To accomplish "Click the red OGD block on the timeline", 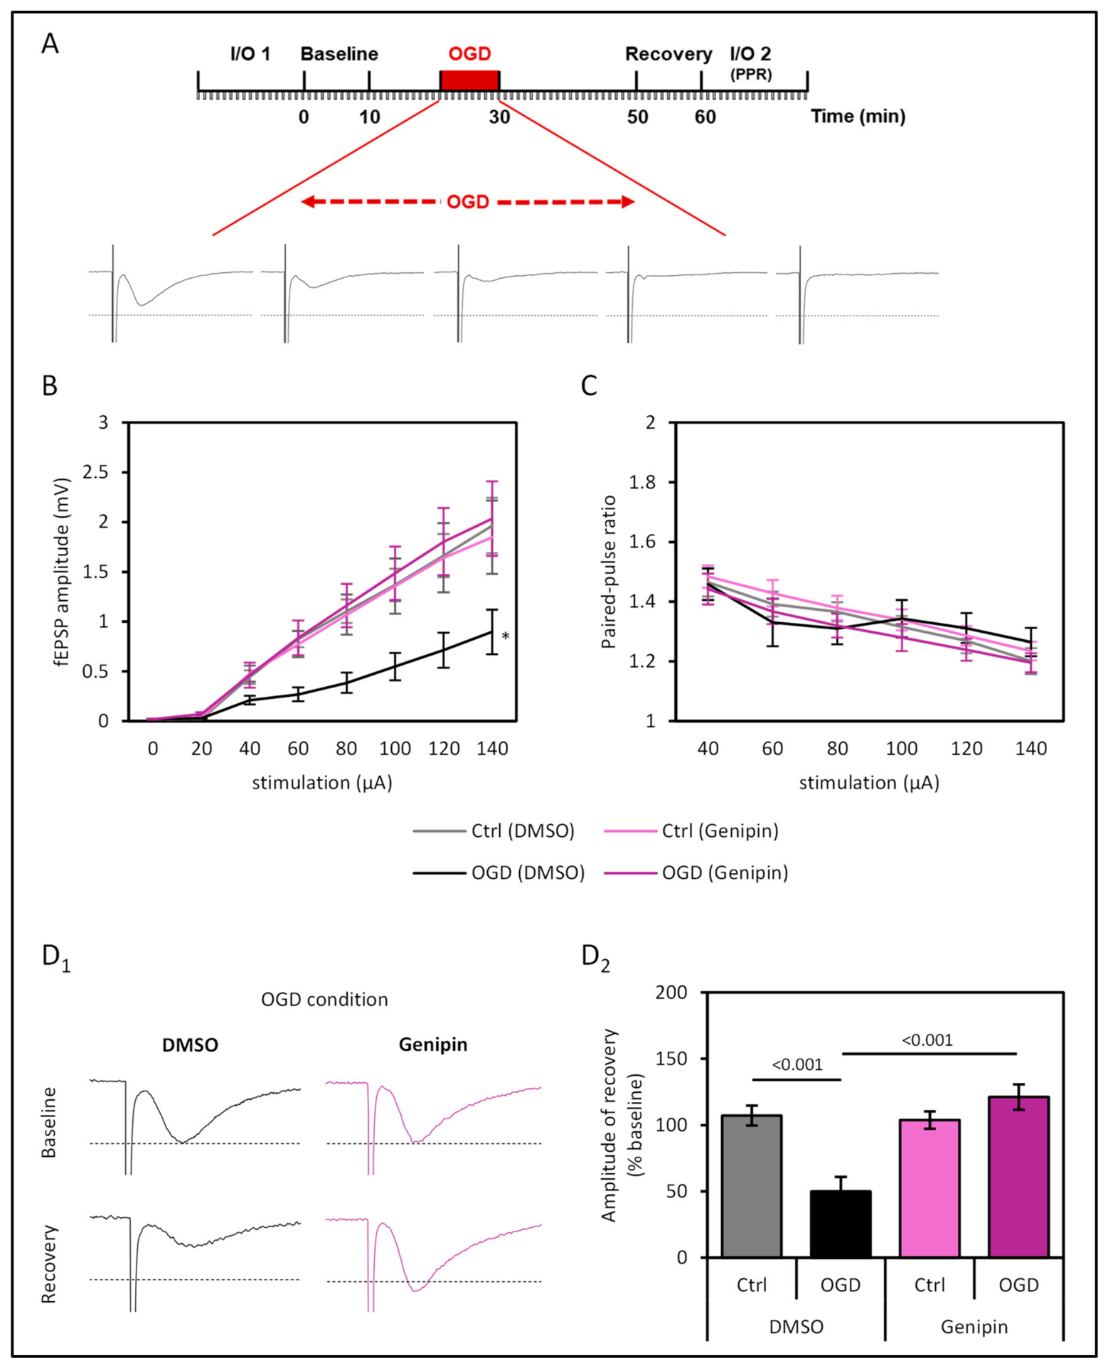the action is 469,80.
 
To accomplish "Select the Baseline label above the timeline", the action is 339,54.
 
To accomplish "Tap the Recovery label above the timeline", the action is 668,55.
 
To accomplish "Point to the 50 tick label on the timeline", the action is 637,117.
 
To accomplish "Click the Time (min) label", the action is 858,117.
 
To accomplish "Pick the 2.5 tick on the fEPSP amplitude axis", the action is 96,473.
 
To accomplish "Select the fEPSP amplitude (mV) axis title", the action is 63,572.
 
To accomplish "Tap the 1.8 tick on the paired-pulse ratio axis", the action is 642,483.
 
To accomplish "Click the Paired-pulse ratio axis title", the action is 608,572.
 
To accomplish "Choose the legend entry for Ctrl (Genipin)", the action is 691,830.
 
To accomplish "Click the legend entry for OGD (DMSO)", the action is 499,872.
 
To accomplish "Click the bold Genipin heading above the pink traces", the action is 433,1044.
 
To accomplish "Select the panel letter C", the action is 590,385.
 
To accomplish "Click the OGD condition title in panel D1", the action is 324,1000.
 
